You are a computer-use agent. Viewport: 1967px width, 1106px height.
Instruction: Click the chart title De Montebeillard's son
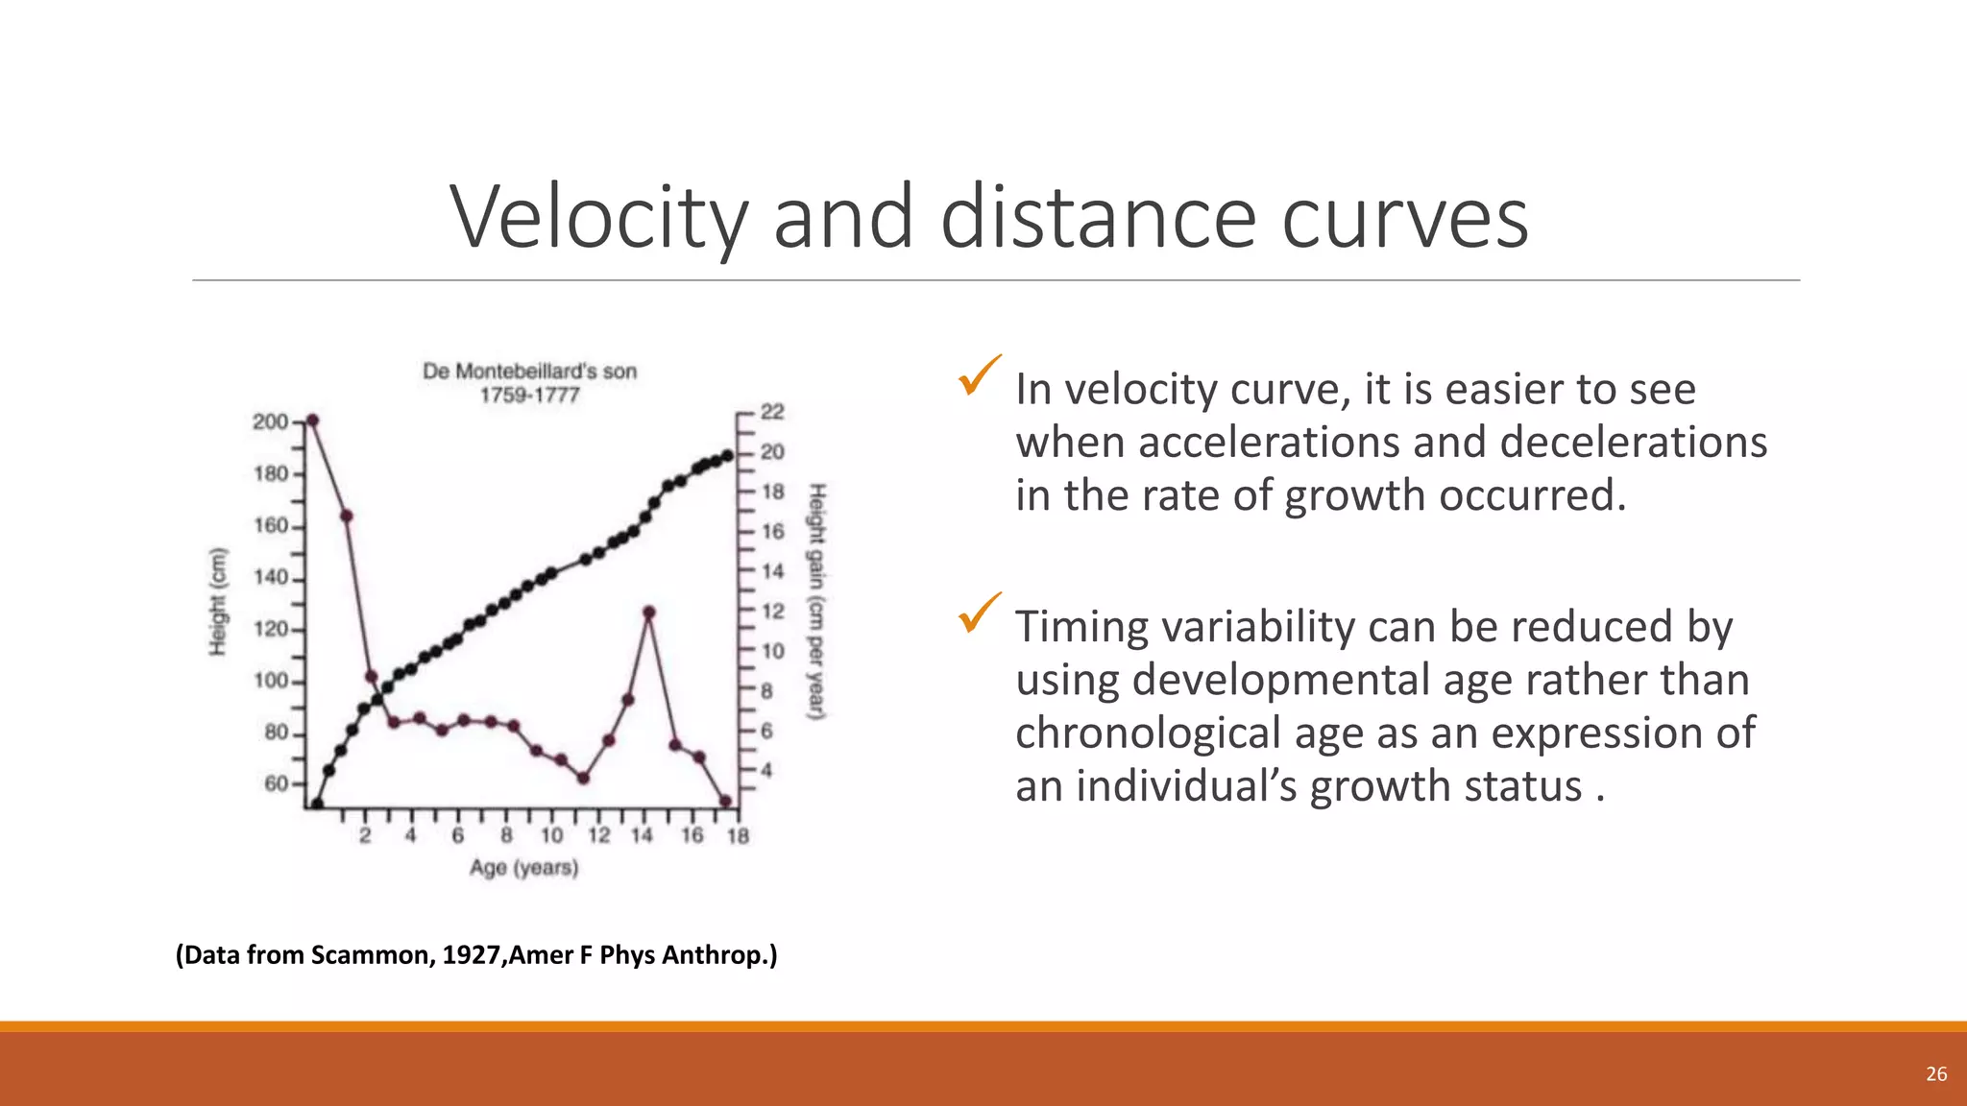pos(529,372)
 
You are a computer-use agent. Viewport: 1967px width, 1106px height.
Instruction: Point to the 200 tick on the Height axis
pos(271,422)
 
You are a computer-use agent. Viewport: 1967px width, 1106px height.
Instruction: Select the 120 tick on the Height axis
pos(271,630)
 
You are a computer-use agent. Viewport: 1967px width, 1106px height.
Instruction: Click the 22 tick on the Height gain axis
pos(772,412)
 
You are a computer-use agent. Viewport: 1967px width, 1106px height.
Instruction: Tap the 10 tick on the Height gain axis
pos(772,651)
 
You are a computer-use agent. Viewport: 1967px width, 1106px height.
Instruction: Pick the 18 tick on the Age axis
pos(738,835)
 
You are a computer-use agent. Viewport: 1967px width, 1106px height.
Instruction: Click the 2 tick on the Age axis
pos(365,835)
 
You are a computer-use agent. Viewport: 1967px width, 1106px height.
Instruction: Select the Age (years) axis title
pos(523,868)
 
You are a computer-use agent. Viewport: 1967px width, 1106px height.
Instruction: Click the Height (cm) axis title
pos(219,602)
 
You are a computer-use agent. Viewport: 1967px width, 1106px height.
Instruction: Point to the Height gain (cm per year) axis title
pos(816,602)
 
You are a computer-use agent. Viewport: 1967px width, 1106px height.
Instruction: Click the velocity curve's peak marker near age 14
pos(649,613)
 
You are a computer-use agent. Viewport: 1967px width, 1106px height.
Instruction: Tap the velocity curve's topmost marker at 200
pos(311,421)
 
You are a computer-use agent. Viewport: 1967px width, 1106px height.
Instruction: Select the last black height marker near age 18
pos(728,456)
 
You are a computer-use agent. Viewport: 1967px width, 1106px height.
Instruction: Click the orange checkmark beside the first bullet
pos(979,375)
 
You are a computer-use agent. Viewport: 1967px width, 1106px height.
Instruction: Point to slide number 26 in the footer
pos(1936,1074)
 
